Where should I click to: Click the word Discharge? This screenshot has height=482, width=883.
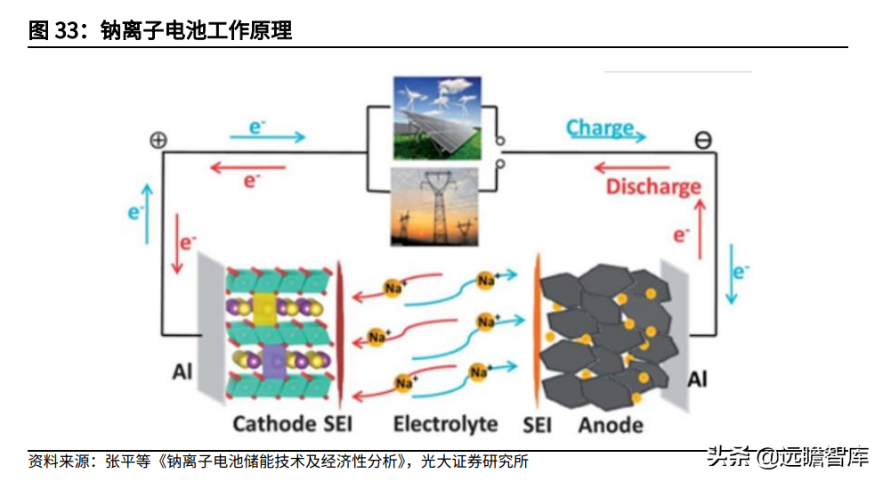[652, 187]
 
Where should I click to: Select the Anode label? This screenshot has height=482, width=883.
[610, 424]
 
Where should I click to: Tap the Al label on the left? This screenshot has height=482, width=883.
[182, 372]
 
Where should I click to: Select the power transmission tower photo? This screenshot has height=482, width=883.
[437, 206]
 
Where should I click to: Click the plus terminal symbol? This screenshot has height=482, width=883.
[158, 140]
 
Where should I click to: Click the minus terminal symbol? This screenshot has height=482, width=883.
[703, 140]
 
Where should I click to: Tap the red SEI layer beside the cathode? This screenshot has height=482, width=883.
[342, 330]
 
